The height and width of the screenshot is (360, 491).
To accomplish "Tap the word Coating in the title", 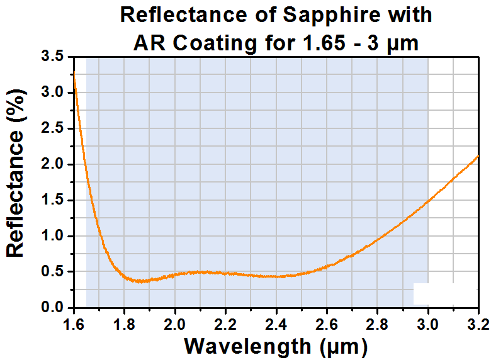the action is tap(215, 43).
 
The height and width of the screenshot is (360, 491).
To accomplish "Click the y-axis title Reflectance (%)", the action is tap(16, 174).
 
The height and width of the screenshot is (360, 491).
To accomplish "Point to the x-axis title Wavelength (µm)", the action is tap(276, 347).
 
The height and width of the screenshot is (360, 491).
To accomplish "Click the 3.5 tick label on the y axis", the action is tap(52, 57).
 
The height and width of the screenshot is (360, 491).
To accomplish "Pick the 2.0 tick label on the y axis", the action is tap(52, 164).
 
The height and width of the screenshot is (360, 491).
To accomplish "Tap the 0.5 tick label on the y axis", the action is tap(52, 271).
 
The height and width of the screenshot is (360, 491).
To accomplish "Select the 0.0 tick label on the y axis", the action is tap(52, 307).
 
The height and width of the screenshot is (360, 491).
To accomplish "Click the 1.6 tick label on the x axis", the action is tap(74, 324).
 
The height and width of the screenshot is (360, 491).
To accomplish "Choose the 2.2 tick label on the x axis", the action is tap(225, 324).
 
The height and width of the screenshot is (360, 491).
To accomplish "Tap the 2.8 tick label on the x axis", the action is tap(377, 324).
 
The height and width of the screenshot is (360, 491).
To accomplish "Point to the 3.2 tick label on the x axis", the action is tap(479, 324).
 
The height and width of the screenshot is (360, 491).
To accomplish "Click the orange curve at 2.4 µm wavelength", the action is tap(276, 276).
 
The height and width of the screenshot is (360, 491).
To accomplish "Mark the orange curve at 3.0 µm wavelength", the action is tap(428, 201).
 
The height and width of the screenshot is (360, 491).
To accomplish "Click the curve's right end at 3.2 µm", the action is tap(478, 155).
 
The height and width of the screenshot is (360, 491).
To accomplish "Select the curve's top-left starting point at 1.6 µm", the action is tap(74, 72).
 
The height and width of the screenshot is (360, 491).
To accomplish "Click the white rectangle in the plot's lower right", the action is tap(445, 294).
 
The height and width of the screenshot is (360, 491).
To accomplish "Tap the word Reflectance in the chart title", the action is tap(184, 14).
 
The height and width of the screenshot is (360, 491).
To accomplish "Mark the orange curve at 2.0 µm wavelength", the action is tap(175, 275).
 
